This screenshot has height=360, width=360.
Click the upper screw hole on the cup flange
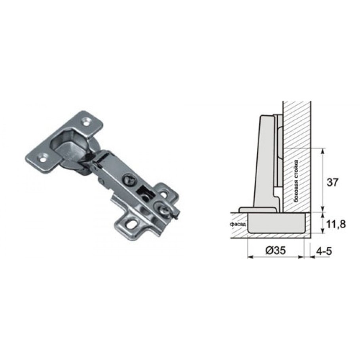coord(86,121)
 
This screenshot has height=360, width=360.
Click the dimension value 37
coord(332,182)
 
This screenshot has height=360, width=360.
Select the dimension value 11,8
coord(335,224)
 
